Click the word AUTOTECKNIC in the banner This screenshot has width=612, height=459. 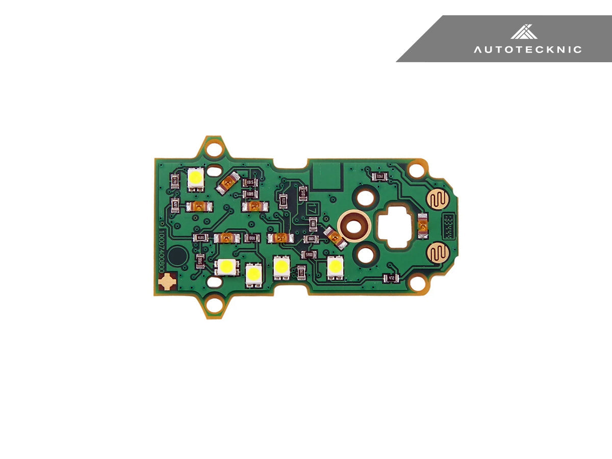click(527, 49)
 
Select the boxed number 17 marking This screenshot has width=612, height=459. click(312, 209)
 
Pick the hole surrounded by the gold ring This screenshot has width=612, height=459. click(355, 225)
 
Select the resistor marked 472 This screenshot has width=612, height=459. click(391, 278)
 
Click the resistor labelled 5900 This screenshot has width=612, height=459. click(308, 254)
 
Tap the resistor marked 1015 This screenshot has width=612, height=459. click(250, 183)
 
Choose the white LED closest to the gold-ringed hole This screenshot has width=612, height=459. click(335, 266)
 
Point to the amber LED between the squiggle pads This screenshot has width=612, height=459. click(422, 225)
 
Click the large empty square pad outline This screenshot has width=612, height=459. click(325, 175)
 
